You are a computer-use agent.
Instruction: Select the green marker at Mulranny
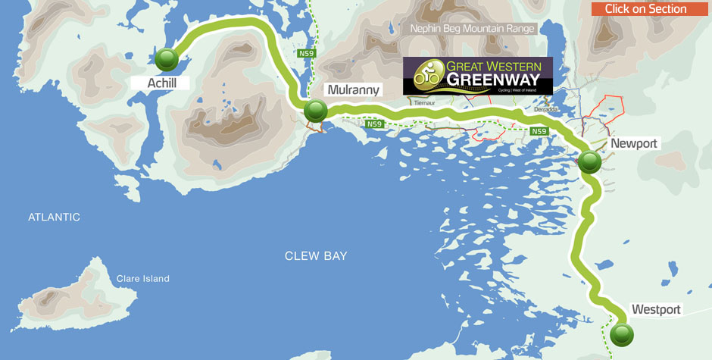coord(315,111)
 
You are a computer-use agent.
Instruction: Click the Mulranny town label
coord(353,89)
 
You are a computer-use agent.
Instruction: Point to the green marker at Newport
coord(590,161)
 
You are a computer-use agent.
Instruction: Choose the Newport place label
coord(634,143)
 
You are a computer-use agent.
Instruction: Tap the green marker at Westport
coord(622,333)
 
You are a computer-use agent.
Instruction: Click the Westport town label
coord(656,309)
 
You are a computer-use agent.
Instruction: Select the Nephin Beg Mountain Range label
coord(473,29)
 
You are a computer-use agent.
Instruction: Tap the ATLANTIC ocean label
coord(54,217)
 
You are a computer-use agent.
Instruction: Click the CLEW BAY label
coord(316,256)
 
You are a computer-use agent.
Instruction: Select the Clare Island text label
coord(143,279)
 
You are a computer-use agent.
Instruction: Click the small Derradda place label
coord(545,109)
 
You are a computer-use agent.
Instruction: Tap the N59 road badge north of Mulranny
coord(306,53)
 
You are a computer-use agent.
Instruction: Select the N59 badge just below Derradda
coord(539,131)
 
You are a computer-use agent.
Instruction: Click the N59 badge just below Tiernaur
coord(375,124)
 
